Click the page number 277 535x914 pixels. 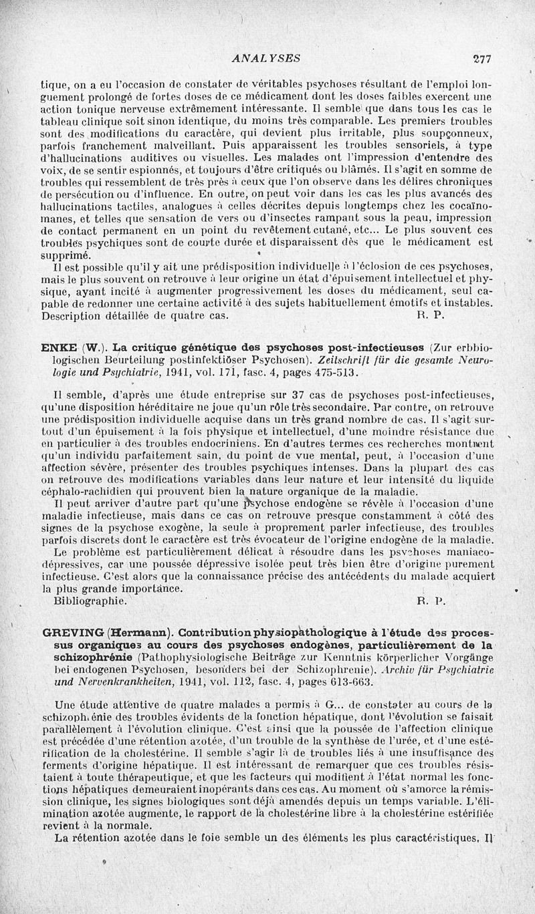tap(481, 59)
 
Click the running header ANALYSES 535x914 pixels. tap(266, 59)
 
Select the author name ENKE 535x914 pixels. tap(59, 347)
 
